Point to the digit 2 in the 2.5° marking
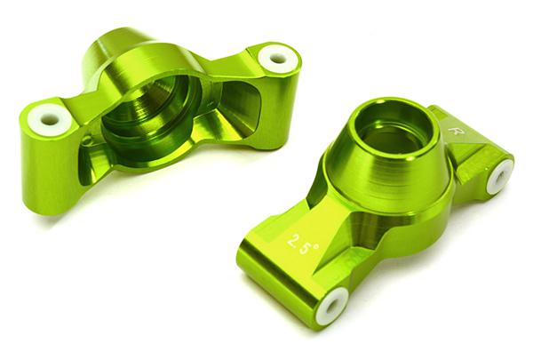click(x=292, y=240)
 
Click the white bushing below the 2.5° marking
click(x=330, y=305)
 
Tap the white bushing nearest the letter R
click(x=499, y=175)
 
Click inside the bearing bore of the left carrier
click(x=151, y=111)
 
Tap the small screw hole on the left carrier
click(x=86, y=140)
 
